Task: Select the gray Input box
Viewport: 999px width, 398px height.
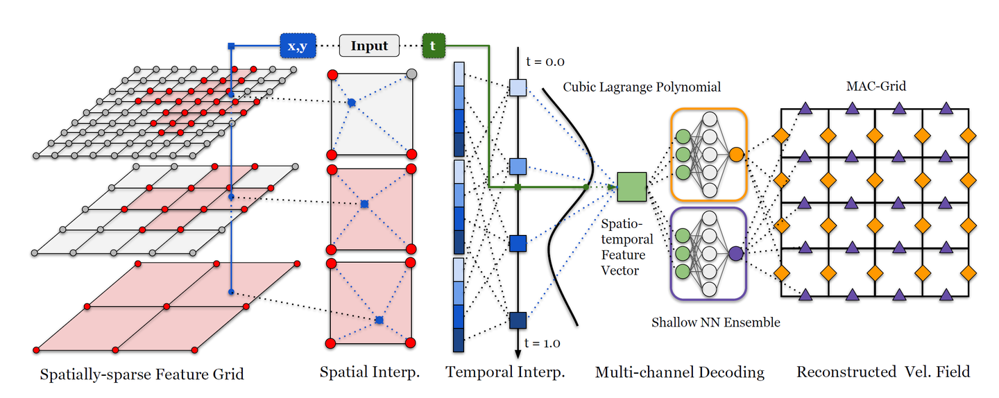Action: click(369, 46)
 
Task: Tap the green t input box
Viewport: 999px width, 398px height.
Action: click(433, 46)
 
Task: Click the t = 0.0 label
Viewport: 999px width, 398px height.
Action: click(545, 62)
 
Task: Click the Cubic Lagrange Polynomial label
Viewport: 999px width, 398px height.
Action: click(642, 87)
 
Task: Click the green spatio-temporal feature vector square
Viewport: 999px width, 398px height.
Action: click(631, 187)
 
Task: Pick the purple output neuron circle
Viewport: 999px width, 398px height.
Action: click(736, 254)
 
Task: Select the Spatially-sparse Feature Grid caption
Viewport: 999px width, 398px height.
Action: click(142, 374)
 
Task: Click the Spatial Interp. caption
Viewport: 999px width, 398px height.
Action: click(370, 372)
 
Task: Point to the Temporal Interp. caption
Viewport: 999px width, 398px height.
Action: click(505, 372)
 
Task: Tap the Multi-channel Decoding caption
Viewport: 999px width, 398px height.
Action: click(679, 372)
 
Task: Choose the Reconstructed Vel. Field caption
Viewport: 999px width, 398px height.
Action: click(882, 372)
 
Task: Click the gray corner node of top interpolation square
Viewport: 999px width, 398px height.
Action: click(411, 73)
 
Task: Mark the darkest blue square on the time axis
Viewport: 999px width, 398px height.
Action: click(518, 320)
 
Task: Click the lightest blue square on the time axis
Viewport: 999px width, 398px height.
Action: click(518, 87)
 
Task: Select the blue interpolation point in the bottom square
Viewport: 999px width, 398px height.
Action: click(379, 320)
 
